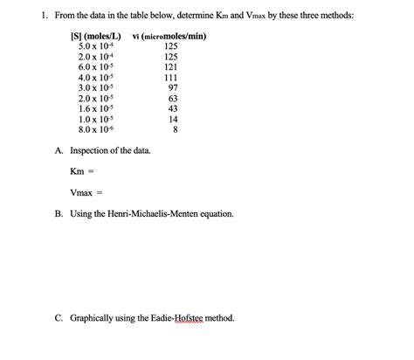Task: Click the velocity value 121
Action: pyautogui.click(x=171, y=66)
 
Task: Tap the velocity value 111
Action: pyautogui.click(x=171, y=77)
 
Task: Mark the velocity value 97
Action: pyautogui.click(x=173, y=87)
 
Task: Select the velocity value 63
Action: pyautogui.click(x=173, y=99)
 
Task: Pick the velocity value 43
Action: pyautogui.click(x=173, y=109)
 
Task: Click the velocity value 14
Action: pyautogui.click(x=173, y=120)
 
